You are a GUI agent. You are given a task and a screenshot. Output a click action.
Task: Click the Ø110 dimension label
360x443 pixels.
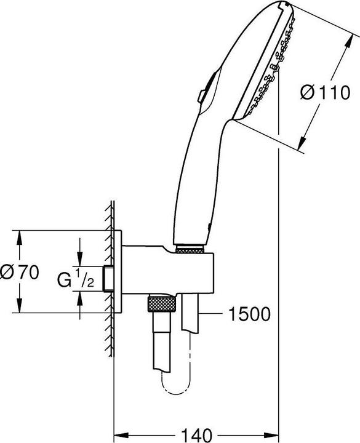pos(322,92)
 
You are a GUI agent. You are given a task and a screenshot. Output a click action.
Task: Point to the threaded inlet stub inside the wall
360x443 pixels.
pos(108,278)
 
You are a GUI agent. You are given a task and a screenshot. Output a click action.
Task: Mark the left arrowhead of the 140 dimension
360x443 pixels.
pos(119,434)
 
